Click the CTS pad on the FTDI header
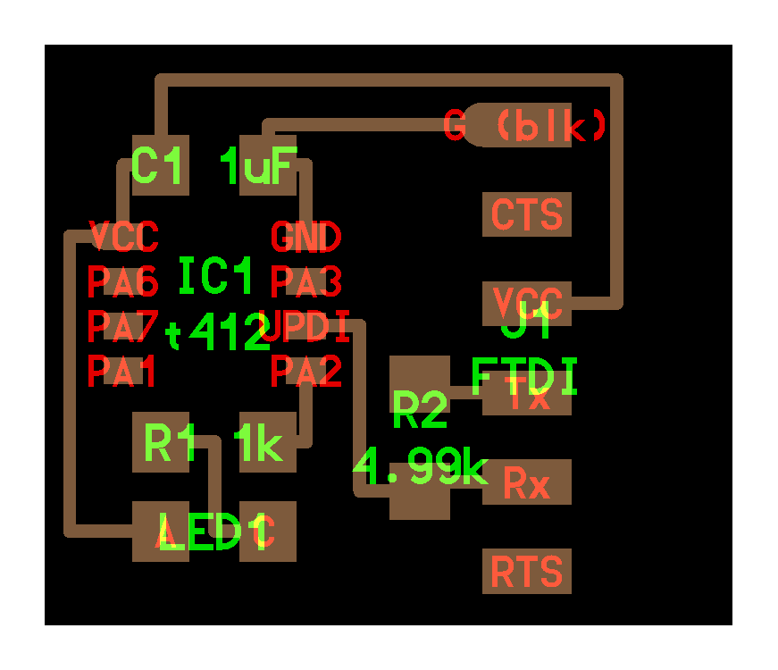pyautogui.click(x=527, y=214)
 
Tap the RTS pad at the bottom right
pyautogui.click(x=527, y=572)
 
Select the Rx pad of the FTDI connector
pyautogui.click(x=527, y=483)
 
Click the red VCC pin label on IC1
pyautogui.click(x=124, y=238)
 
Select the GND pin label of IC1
pyautogui.click(x=305, y=238)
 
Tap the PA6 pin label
pyautogui.click(x=123, y=282)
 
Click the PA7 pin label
pyautogui.click(x=123, y=326)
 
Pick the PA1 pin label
pyautogui.click(x=123, y=371)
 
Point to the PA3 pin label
pyautogui.click(x=306, y=282)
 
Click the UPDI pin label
pyautogui.click(x=306, y=326)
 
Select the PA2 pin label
pyautogui.click(x=306, y=371)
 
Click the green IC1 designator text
pyautogui.click(x=217, y=276)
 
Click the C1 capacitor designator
pyautogui.click(x=159, y=165)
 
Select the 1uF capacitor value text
pyautogui.click(x=258, y=166)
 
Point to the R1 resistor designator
pyautogui.click(x=171, y=443)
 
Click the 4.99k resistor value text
pyautogui.click(x=420, y=465)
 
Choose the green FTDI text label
pyautogui.click(x=524, y=377)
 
